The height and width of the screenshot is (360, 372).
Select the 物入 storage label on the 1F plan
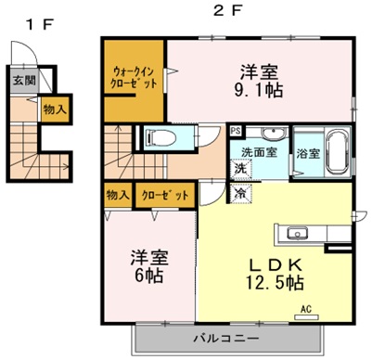[x=55, y=109]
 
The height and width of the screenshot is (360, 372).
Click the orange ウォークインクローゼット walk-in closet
[x=135, y=78]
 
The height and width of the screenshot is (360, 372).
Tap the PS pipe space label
[x=236, y=132]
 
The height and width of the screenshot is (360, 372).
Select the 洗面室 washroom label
[x=260, y=151]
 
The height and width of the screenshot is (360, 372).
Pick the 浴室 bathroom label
[x=308, y=153]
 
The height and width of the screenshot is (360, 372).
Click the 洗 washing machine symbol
[x=239, y=170]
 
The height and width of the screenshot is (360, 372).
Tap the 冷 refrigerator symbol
[x=239, y=194]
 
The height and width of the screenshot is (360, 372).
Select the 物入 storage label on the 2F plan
[x=117, y=195]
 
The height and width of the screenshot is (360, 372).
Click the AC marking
[x=305, y=311]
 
